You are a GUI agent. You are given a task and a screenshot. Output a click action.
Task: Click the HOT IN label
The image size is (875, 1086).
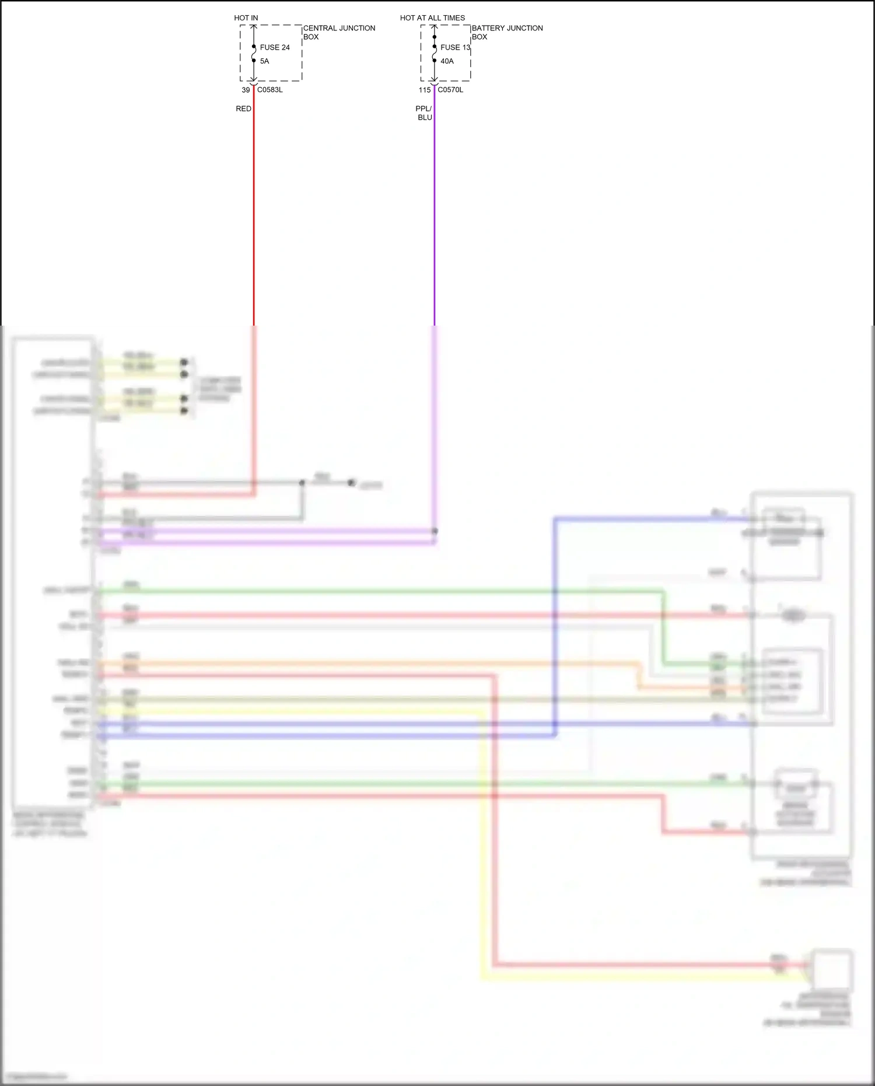point(246,18)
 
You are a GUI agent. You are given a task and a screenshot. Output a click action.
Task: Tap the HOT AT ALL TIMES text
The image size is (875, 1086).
point(432,18)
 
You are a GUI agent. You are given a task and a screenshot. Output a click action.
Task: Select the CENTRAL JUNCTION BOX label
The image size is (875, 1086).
point(338,32)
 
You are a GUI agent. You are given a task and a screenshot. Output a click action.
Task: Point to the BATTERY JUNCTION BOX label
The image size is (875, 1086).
point(506,32)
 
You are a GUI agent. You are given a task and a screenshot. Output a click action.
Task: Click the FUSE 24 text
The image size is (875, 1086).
point(275,47)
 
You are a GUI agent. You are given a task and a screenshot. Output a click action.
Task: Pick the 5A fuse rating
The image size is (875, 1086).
point(264,61)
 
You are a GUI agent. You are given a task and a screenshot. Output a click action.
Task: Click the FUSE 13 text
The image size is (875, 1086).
point(455,47)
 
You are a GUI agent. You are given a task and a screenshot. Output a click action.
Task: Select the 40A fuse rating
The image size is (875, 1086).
point(447,61)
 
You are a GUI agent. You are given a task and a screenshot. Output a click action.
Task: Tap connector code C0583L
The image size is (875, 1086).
point(269,90)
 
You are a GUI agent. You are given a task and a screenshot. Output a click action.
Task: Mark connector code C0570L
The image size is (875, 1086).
point(450,90)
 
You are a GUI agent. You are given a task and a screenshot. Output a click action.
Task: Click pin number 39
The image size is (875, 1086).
point(246,90)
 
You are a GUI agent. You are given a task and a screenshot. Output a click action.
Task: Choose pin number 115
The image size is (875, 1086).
point(424,90)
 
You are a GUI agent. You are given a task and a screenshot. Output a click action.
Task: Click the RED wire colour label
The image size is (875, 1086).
point(243,109)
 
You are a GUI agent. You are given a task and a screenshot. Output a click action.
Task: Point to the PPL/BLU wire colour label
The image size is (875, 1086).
point(424,113)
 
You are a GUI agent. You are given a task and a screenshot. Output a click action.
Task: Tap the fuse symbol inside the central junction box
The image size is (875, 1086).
point(254,54)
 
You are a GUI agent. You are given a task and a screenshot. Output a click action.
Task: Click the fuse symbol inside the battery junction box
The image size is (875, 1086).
point(434,54)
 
